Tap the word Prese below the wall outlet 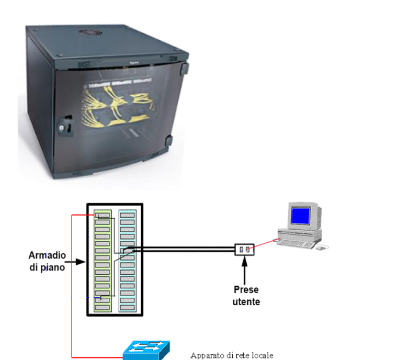pyautogui.click(x=246, y=290)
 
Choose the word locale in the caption pyautogui.click(x=260, y=355)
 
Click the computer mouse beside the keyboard pyautogui.click(x=323, y=246)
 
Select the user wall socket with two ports pyautogui.click(x=244, y=249)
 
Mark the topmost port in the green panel pyautogui.click(x=102, y=215)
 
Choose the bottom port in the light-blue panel pyautogui.click(x=128, y=307)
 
